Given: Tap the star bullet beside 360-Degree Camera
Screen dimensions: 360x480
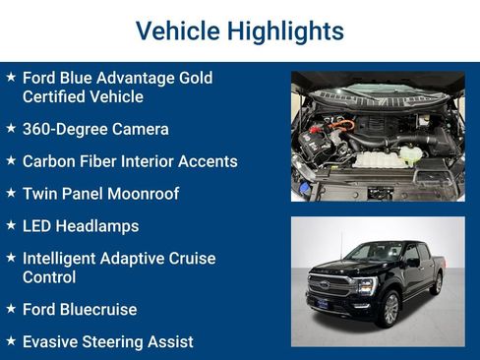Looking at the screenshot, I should point(10,129).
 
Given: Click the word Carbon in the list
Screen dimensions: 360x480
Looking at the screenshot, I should point(49,161).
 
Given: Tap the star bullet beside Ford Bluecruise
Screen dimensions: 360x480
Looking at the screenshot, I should point(10,309).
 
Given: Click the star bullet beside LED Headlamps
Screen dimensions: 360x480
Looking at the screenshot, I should point(10,225).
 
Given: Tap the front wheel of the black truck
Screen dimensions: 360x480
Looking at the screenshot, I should point(389,308).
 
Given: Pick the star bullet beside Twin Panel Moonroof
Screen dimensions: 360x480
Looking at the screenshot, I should point(10,193).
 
